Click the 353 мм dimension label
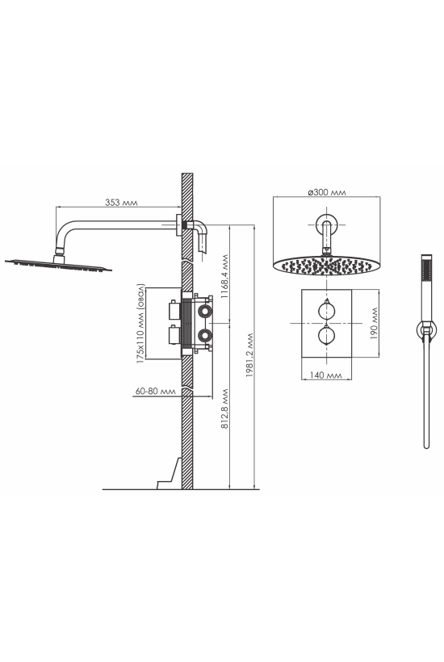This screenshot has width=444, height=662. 121,203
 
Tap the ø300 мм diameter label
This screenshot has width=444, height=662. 327,192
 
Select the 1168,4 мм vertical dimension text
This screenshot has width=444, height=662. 224,277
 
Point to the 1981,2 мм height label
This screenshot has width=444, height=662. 250,355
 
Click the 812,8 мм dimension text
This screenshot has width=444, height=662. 224,409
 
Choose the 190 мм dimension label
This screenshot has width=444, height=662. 374,324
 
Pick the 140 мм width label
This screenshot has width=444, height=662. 325,375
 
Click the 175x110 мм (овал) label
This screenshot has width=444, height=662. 140,324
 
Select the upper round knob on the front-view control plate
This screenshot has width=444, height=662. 326,311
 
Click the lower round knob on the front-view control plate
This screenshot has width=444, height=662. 326,336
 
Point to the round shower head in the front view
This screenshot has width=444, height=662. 326,265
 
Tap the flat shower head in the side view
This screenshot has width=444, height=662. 58,265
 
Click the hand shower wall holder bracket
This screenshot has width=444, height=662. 426,329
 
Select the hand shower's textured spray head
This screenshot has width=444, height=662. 426,269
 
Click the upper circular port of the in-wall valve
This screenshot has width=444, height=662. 205,311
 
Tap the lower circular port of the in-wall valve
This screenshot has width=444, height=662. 205,336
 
